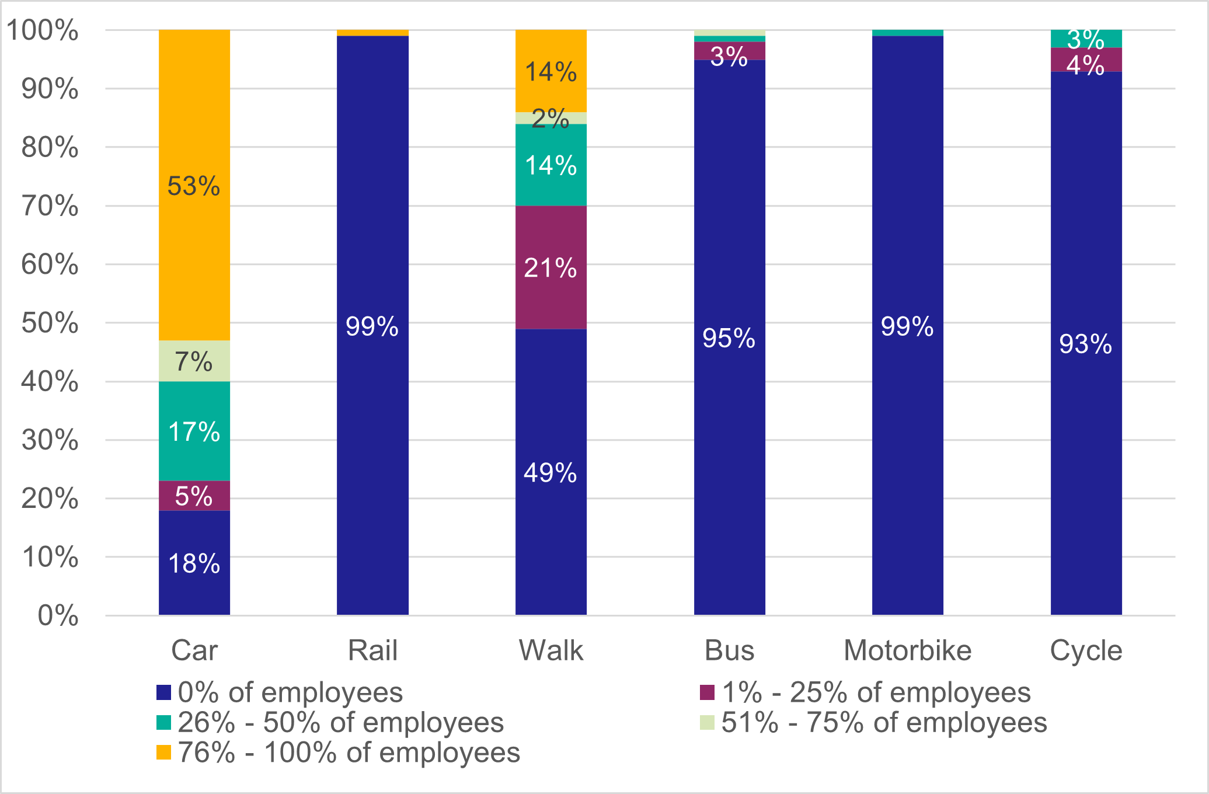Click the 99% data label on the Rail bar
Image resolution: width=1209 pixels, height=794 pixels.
(372, 326)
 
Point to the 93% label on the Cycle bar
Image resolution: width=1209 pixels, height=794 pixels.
(1085, 344)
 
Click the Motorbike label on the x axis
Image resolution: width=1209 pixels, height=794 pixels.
(907, 650)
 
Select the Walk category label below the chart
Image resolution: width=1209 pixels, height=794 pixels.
(551, 650)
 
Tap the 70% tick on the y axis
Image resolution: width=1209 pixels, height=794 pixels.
(50, 206)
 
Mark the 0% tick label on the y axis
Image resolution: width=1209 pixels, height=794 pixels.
(58, 616)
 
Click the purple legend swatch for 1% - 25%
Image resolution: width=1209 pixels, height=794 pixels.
(707, 692)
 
